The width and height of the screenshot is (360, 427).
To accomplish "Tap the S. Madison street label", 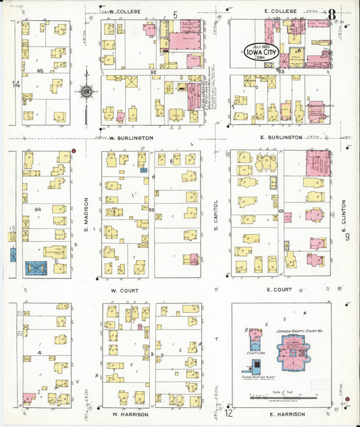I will coord(87,214).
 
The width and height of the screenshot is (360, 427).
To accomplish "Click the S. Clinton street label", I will coord(343,214).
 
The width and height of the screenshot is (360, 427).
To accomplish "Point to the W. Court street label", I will coord(124,290).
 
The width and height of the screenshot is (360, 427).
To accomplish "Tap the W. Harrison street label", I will coord(126,413).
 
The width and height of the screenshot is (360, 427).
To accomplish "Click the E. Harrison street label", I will coord(283,413).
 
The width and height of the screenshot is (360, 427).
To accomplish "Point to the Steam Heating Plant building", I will coord(256,368).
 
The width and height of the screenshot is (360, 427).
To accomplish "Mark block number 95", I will coord(41,70).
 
